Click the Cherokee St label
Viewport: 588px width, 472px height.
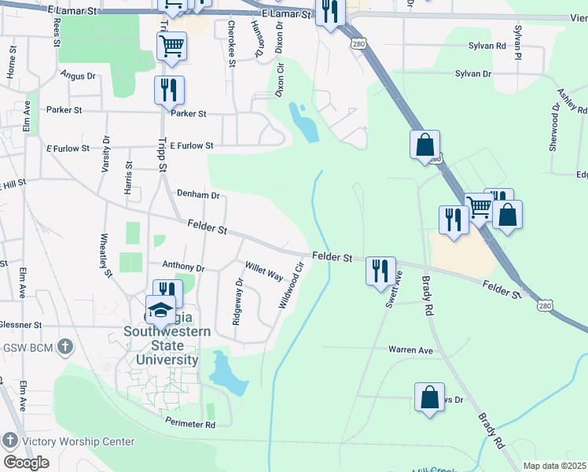[x=232, y=33]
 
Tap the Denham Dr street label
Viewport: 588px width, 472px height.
[x=198, y=194]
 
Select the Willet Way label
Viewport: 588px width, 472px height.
[x=264, y=272]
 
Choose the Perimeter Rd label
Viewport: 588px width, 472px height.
[x=190, y=424]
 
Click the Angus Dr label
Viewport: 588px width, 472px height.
[x=78, y=76]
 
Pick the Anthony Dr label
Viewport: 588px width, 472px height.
[x=182, y=267]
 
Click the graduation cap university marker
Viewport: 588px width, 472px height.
[x=160, y=309]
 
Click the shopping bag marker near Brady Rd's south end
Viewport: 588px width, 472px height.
[x=429, y=397]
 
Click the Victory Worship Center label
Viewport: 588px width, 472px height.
[x=78, y=441]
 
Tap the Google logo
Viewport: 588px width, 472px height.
[x=26, y=463]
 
